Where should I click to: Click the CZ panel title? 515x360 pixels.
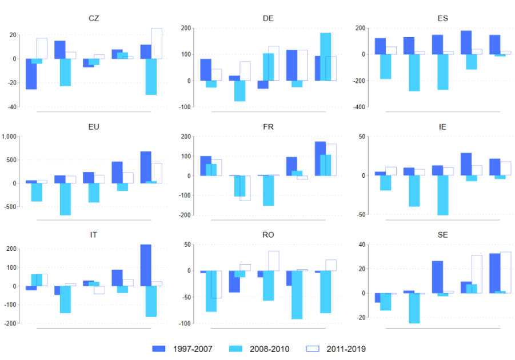click(94, 18)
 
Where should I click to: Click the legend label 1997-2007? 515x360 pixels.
click(193, 348)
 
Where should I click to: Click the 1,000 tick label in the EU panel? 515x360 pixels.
click(10, 137)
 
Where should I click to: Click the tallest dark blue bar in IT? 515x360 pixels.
click(146, 265)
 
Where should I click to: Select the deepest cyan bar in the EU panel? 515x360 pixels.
click(65, 199)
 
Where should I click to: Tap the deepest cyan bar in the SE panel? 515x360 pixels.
click(414, 308)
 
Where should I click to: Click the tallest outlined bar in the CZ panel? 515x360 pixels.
click(157, 43)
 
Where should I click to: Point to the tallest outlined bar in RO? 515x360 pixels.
click(273, 261)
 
